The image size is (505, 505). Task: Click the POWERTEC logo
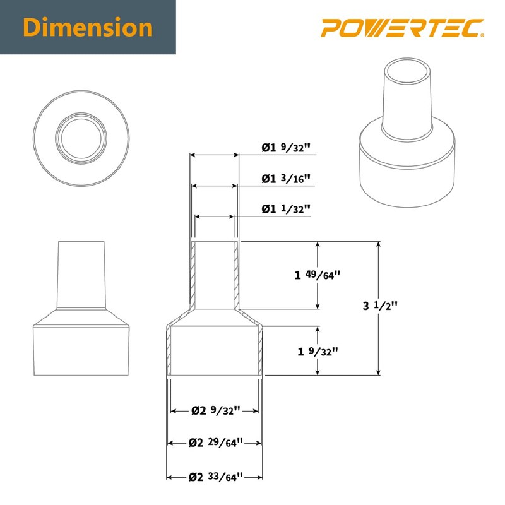(x=401, y=28)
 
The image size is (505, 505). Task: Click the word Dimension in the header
(x=88, y=28)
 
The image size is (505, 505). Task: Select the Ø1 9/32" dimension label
(x=287, y=148)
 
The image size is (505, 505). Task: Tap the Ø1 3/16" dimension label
(x=287, y=179)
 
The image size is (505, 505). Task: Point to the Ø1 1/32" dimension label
(x=287, y=209)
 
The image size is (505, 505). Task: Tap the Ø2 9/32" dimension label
(x=215, y=410)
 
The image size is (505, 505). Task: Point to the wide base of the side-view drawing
(x=81, y=350)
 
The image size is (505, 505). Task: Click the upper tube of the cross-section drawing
(x=215, y=275)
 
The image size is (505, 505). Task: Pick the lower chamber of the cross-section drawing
(x=215, y=350)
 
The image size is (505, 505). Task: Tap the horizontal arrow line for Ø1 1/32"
(x=215, y=217)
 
